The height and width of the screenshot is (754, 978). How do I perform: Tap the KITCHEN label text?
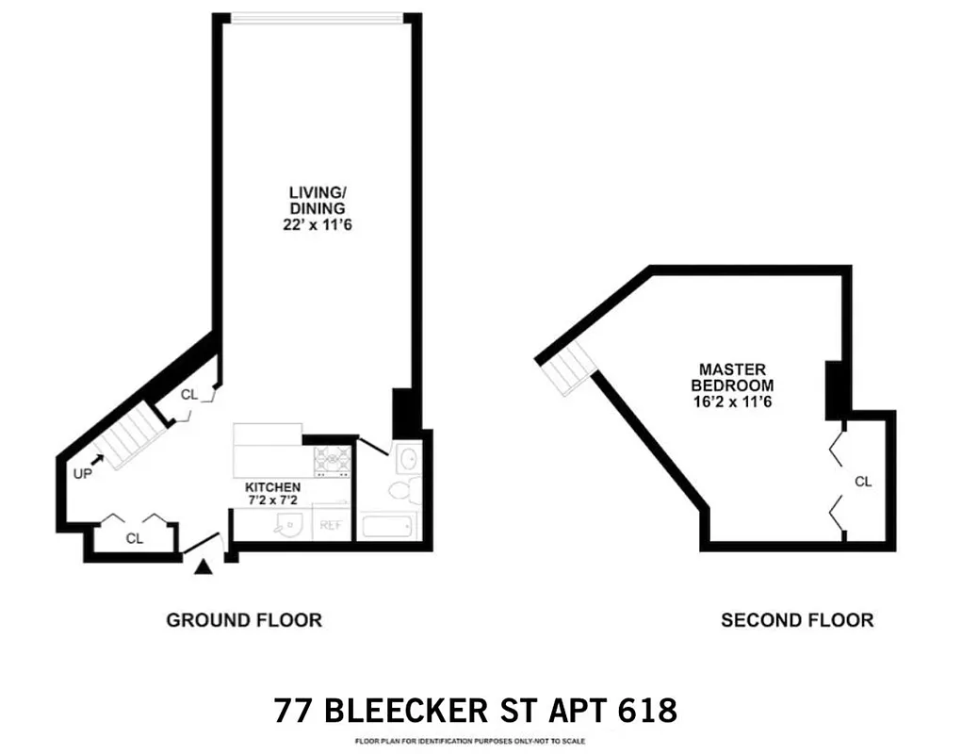[x=272, y=487]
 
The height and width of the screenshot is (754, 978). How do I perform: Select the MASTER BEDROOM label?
[x=732, y=378]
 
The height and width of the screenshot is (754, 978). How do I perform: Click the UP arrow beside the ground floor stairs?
[x=97, y=460]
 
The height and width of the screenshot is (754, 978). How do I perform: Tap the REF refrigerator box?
[x=332, y=525]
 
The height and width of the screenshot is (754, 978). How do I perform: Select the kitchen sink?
[x=284, y=525]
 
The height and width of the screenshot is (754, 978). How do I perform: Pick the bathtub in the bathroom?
[x=387, y=525]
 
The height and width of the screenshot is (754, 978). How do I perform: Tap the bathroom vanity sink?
[x=409, y=458]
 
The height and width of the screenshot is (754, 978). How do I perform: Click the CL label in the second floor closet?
[x=863, y=482]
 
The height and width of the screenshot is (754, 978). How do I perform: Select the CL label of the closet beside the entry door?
[x=135, y=538]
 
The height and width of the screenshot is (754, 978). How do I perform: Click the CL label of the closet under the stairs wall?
[x=189, y=395]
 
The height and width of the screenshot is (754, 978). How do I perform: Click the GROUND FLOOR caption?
[x=244, y=620]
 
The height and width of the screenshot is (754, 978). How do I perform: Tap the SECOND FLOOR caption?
[x=796, y=620]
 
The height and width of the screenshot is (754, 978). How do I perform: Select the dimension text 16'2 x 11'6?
[x=732, y=401]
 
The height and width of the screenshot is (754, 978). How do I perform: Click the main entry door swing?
[x=202, y=544]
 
